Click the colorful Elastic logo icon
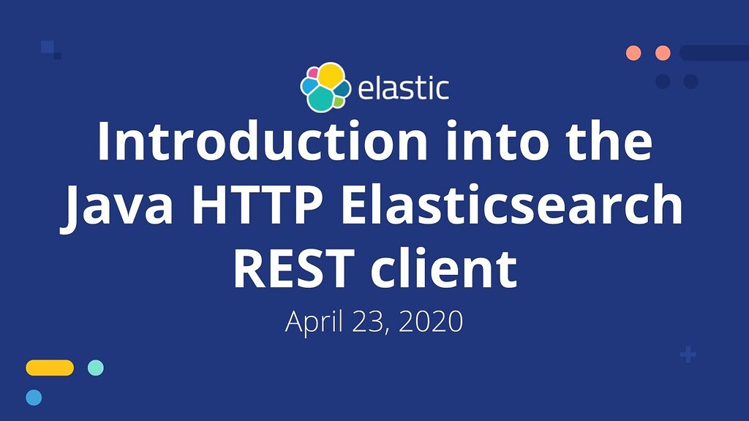(325, 88)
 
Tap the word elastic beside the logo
(403, 88)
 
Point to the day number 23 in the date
(369, 322)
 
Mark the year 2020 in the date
(432, 322)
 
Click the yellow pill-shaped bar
(50, 368)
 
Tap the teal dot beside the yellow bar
(96, 368)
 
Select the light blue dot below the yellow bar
(34, 398)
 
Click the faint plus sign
(688, 355)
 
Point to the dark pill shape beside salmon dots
(713, 53)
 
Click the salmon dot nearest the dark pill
(663, 53)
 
